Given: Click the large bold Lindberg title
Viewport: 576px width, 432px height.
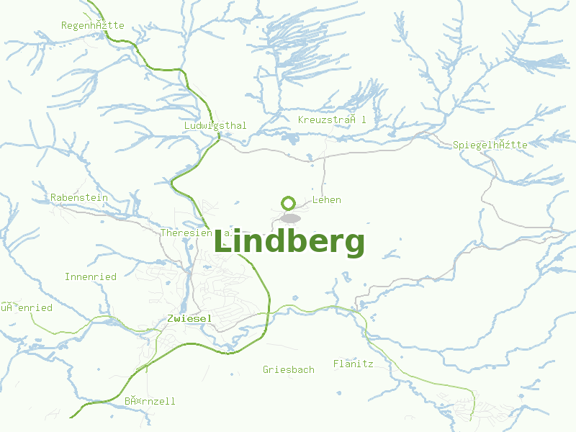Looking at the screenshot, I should click(289, 243).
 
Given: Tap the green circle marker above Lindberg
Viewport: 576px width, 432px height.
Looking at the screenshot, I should click(289, 203).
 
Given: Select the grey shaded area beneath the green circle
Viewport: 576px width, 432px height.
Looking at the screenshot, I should click(290, 218).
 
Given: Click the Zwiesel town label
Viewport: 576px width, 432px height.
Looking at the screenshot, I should click(189, 318).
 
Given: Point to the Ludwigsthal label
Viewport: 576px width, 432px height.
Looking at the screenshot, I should click(215, 125).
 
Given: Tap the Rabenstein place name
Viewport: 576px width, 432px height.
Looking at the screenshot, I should click(79, 197).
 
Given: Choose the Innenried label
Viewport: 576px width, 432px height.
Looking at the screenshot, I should click(91, 276).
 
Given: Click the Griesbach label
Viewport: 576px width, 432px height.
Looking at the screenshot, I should click(289, 369).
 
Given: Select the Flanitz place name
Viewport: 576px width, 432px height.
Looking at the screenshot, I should click(353, 364).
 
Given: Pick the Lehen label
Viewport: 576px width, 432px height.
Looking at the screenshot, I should click(327, 199).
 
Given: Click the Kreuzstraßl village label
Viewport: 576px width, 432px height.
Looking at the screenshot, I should click(332, 120).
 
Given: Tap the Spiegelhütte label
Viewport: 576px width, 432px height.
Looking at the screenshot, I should click(490, 145).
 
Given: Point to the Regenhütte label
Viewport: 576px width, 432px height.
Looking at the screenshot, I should click(93, 25).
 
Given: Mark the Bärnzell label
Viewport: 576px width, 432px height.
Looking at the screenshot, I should click(150, 401).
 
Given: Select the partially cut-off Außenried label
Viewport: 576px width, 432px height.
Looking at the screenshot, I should click(27, 307).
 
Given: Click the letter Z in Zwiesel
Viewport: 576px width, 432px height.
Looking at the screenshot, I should click(170, 318).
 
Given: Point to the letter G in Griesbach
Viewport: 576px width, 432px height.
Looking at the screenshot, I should click(266, 369).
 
